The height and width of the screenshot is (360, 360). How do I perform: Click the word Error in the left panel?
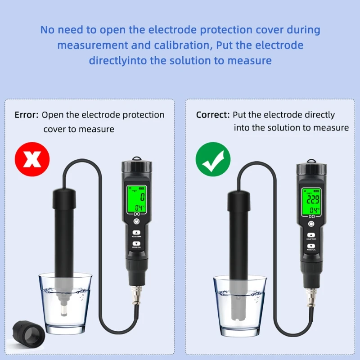27,115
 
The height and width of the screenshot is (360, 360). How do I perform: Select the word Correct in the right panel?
212,115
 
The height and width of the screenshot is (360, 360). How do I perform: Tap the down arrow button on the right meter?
310,246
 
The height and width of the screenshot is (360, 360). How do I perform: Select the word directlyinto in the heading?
118,60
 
